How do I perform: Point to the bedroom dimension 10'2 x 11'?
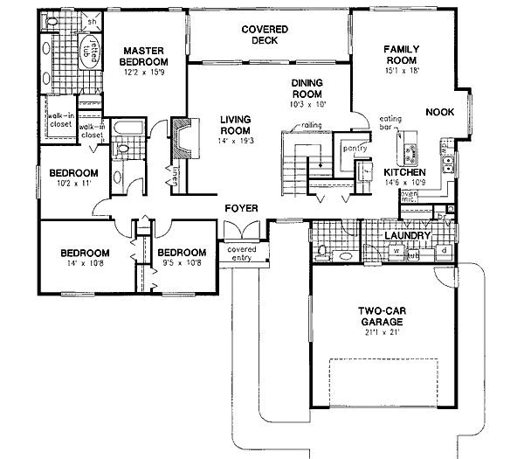pyautogui.click(x=73, y=184)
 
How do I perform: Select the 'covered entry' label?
pyautogui.click(x=241, y=254)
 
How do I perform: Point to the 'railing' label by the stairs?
pyautogui.click(x=314, y=125)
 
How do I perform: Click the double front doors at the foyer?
pyautogui.click(x=240, y=230)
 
